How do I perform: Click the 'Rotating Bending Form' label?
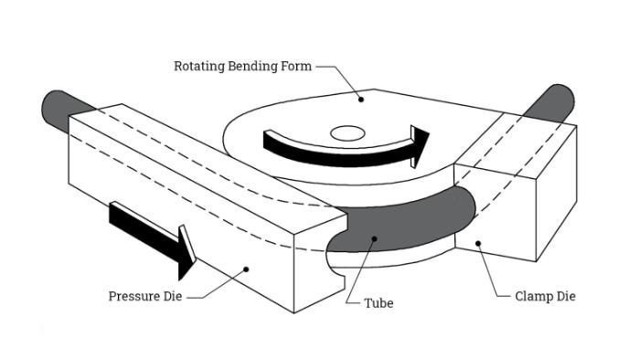[x=241, y=66]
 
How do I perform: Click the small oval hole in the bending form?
[x=347, y=132]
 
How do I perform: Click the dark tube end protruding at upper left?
[x=59, y=107]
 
